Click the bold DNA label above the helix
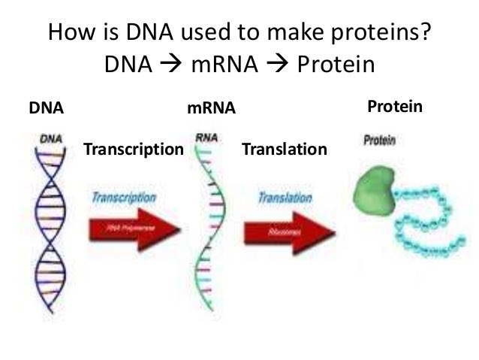[46, 109]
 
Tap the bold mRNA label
[211, 109]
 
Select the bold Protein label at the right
[395, 107]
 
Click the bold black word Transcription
[134, 149]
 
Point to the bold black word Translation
[285, 149]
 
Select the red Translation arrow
[288, 232]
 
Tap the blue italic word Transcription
[124, 197]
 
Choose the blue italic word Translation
[285, 198]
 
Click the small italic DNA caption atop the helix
[50, 138]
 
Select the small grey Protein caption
[380, 141]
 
